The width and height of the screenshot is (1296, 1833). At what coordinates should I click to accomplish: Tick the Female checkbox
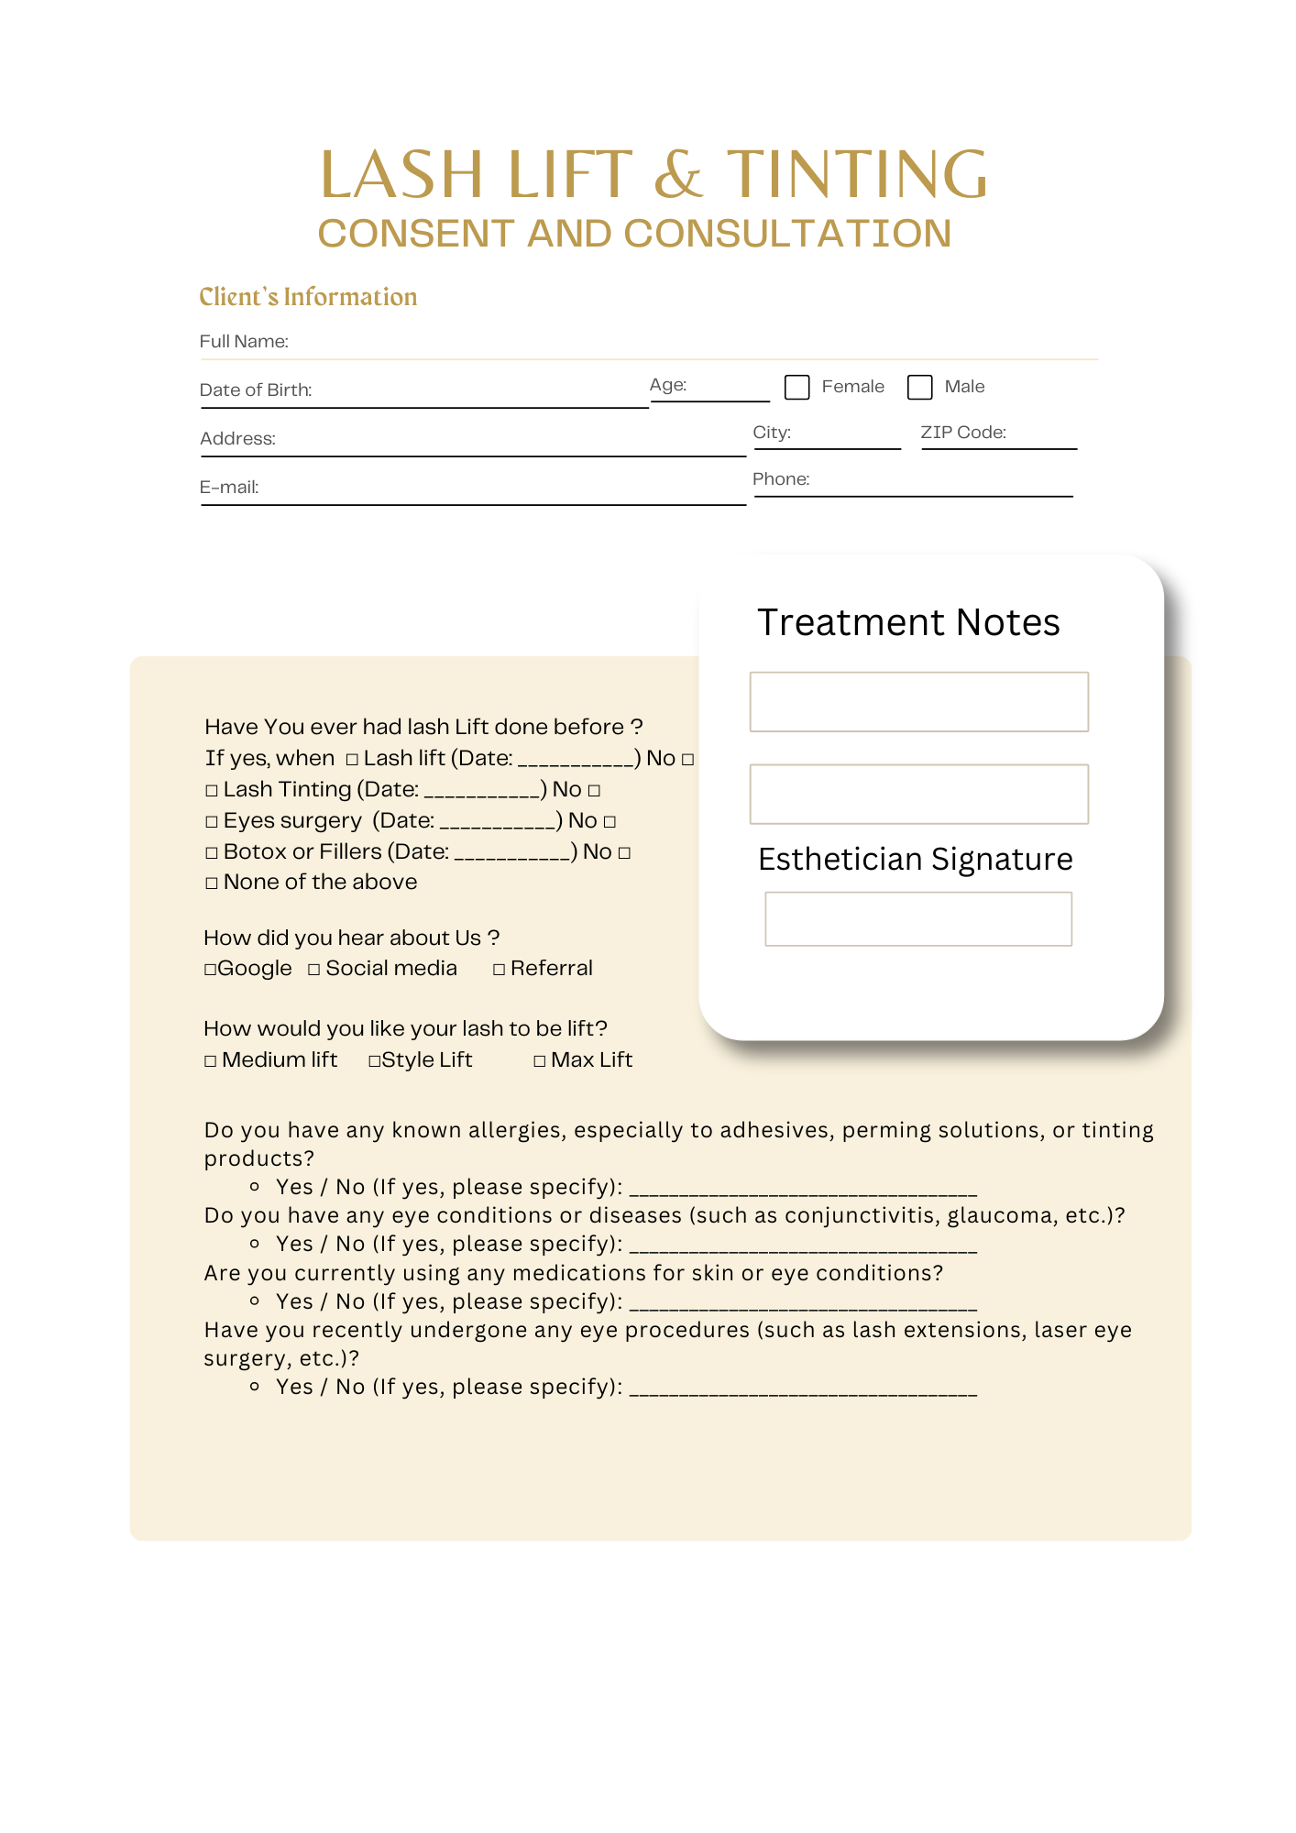[796, 387]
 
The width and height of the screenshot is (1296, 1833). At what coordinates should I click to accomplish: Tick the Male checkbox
[919, 387]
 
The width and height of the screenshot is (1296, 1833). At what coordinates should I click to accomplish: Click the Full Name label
[244, 342]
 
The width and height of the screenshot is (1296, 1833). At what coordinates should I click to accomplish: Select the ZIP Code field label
[962, 433]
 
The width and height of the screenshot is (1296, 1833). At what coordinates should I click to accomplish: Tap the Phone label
[781, 479]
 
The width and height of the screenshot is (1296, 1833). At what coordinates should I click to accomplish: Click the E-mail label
[229, 488]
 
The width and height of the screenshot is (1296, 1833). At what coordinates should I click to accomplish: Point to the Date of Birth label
[256, 390]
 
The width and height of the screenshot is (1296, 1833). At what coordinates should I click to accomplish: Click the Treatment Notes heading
[908, 623]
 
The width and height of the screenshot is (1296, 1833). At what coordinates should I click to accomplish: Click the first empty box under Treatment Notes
[918, 702]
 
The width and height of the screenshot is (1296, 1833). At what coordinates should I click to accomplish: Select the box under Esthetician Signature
[917, 918]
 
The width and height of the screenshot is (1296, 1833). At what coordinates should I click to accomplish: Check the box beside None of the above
[212, 884]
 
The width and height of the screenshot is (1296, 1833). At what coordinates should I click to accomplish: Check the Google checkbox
[210, 970]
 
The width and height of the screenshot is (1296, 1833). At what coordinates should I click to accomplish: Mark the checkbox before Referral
[500, 970]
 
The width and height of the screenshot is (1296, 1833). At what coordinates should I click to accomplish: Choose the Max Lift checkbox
[540, 1061]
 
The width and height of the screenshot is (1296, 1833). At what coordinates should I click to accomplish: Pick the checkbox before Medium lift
[211, 1061]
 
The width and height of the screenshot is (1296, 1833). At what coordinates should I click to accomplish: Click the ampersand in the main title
[678, 175]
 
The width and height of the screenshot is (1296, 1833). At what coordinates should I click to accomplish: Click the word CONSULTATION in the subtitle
[787, 235]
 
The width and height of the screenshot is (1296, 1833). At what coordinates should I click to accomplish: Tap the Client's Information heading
[308, 297]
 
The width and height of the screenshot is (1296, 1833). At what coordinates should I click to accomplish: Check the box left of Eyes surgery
[212, 822]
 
